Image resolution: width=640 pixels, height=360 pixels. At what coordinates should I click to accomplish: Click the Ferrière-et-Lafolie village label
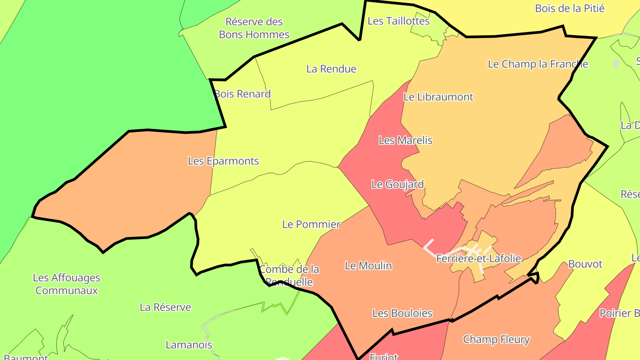(478, 258)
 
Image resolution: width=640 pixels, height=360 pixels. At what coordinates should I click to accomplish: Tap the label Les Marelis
(405, 140)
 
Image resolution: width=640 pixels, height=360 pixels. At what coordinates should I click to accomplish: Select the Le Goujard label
(397, 184)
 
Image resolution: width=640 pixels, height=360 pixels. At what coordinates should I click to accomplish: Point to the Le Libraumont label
(438, 97)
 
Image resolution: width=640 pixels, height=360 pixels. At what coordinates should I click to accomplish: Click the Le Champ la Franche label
(538, 64)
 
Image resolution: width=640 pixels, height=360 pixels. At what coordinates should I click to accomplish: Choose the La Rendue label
(331, 69)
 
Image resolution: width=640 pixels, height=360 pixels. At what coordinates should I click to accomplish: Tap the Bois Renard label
(242, 94)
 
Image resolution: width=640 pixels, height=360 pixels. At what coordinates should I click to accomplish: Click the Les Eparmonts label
(223, 161)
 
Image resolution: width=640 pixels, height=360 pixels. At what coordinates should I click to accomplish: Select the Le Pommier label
(311, 224)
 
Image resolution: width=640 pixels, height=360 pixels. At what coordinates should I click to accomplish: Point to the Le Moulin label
(368, 266)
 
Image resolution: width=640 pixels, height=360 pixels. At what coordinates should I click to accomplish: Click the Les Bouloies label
(402, 313)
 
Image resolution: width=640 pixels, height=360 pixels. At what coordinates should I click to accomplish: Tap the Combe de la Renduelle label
(289, 276)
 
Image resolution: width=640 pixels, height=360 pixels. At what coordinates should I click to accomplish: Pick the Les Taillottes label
(399, 21)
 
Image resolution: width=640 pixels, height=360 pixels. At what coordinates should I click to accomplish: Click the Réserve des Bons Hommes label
(254, 28)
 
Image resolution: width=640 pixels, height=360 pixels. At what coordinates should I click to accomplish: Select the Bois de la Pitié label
(570, 8)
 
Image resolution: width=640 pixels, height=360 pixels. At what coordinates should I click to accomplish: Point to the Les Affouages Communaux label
(67, 284)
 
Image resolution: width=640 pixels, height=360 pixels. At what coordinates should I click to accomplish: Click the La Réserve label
(165, 307)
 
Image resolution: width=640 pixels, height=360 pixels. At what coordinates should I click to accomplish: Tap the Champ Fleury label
(496, 340)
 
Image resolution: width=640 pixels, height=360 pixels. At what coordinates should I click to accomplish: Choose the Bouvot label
(585, 264)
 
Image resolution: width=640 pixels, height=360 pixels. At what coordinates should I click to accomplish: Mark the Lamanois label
(189, 345)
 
